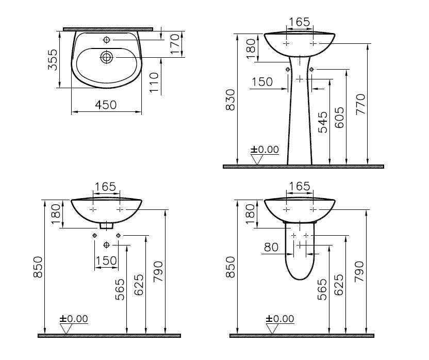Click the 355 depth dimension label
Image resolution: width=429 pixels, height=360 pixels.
(53, 60)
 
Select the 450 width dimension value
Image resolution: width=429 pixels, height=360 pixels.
(106, 105)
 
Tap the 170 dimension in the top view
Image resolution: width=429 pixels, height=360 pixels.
(175, 44)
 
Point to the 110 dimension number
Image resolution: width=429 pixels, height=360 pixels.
(154, 83)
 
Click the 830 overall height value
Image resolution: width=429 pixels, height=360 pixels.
(230, 100)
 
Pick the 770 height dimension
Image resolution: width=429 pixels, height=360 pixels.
(360, 104)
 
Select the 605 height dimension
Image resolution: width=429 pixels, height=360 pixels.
(339, 118)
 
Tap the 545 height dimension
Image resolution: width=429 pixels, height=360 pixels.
(323, 122)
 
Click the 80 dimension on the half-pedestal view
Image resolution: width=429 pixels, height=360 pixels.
(271, 247)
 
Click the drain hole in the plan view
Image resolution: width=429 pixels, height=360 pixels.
(106, 57)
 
